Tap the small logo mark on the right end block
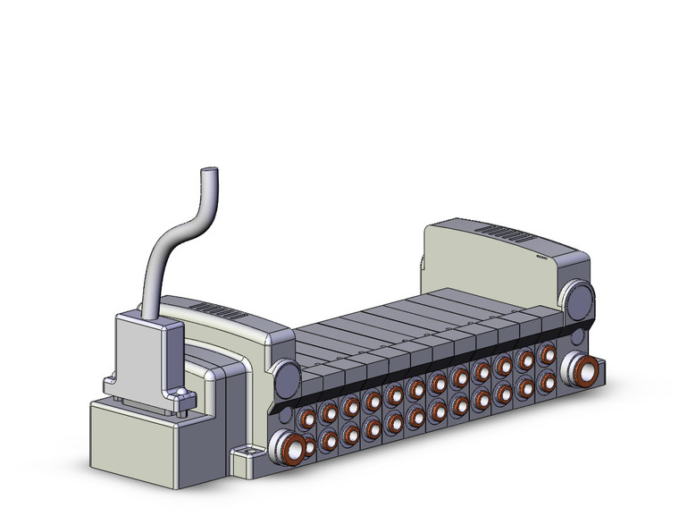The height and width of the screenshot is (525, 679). point(544,253)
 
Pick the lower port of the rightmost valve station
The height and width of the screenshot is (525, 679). point(545,380)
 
